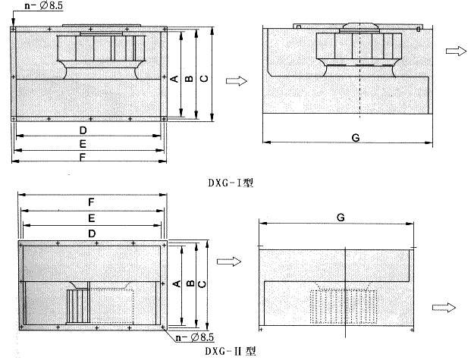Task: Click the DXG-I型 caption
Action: (231, 183)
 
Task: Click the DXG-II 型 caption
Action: (231, 351)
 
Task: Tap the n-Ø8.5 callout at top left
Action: (44, 5)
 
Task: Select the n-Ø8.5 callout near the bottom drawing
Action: (195, 337)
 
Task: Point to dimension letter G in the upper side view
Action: (356, 138)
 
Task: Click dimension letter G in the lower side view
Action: (341, 218)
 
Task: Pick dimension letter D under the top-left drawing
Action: (83, 130)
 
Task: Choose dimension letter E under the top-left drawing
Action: (83, 144)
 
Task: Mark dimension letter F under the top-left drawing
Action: (83, 157)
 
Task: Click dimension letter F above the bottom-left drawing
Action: (91, 202)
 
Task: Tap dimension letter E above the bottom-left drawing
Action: (91, 218)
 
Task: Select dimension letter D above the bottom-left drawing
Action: (92, 233)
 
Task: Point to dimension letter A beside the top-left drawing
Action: (174, 79)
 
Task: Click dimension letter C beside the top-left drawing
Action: (204, 78)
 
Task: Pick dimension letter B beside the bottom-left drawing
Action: (190, 283)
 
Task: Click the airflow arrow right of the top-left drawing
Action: (237, 80)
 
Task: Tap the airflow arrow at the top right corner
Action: (456, 51)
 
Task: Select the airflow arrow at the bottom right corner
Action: (444, 308)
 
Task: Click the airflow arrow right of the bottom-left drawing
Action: (229, 261)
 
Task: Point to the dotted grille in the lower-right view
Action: (344, 306)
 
